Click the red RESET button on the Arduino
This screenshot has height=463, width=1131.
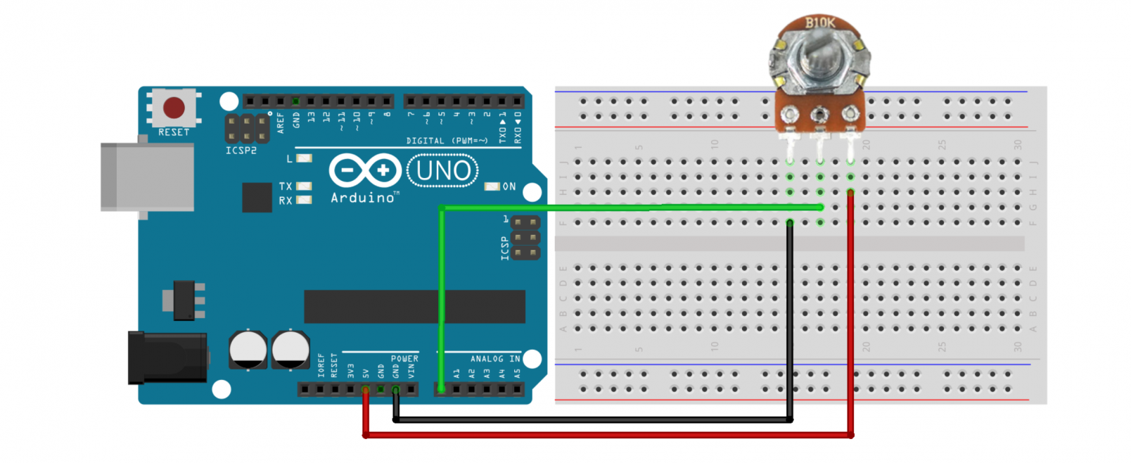pyautogui.click(x=174, y=108)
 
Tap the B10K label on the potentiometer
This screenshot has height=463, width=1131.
pyautogui.click(x=820, y=23)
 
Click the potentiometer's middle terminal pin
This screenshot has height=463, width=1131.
pyautogui.click(x=819, y=115)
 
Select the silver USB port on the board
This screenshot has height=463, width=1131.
pyautogui.click(x=147, y=177)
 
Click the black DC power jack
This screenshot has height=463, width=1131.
pyautogui.click(x=167, y=357)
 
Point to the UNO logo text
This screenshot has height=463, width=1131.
pyautogui.click(x=442, y=171)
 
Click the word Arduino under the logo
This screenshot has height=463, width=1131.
pyautogui.click(x=363, y=198)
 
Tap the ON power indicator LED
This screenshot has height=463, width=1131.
pyautogui.click(x=492, y=186)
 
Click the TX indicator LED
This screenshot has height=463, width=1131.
pyautogui.click(x=304, y=186)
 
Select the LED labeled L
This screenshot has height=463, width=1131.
pyautogui.click(x=304, y=158)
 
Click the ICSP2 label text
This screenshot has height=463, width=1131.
pyautogui.click(x=241, y=151)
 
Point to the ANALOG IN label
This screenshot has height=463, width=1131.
pyautogui.click(x=495, y=359)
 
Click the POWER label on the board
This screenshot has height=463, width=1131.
pyautogui.click(x=404, y=359)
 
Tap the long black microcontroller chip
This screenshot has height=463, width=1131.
pyautogui.click(x=414, y=307)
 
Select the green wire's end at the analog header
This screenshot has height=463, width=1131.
pyautogui.click(x=441, y=388)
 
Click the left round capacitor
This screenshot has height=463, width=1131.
pyautogui.click(x=248, y=349)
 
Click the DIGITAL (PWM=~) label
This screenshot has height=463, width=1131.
pyautogui.click(x=447, y=141)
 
